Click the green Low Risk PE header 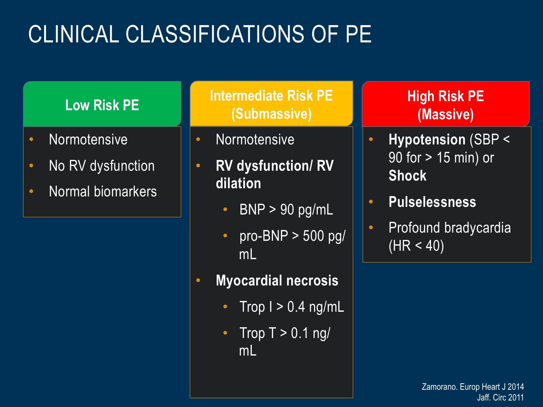click(x=102, y=104)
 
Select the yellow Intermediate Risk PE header click(x=271, y=103)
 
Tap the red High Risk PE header click(x=446, y=104)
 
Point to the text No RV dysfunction click(x=102, y=166)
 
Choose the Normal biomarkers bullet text click(x=103, y=192)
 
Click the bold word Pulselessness click(x=432, y=202)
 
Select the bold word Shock click(x=408, y=176)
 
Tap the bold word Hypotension click(x=427, y=140)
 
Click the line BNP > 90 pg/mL click(x=286, y=210)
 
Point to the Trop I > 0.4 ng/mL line click(x=292, y=307)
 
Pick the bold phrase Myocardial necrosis click(x=277, y=281)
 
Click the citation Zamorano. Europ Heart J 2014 click(x=473, y=387)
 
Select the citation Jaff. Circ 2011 click(x=500, y=397)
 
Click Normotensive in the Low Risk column click(x=88, y=140)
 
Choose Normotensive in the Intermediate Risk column click(x=255, y=140)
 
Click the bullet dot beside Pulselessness click(x=371, y=202)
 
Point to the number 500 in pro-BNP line click(x=313, y=236)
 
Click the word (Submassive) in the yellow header click(x=271, y=114)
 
